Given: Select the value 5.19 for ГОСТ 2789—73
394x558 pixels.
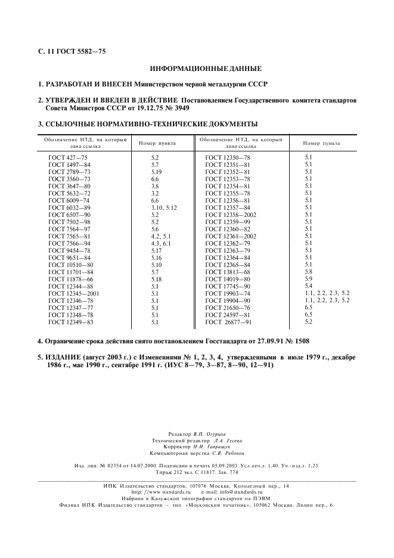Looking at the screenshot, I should point(156,171).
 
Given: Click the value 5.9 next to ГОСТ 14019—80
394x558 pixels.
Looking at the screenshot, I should point(308,278).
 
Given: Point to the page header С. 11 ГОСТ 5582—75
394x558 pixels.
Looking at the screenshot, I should point(68,52).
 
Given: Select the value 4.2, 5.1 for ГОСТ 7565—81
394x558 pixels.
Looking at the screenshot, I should point(161,236).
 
